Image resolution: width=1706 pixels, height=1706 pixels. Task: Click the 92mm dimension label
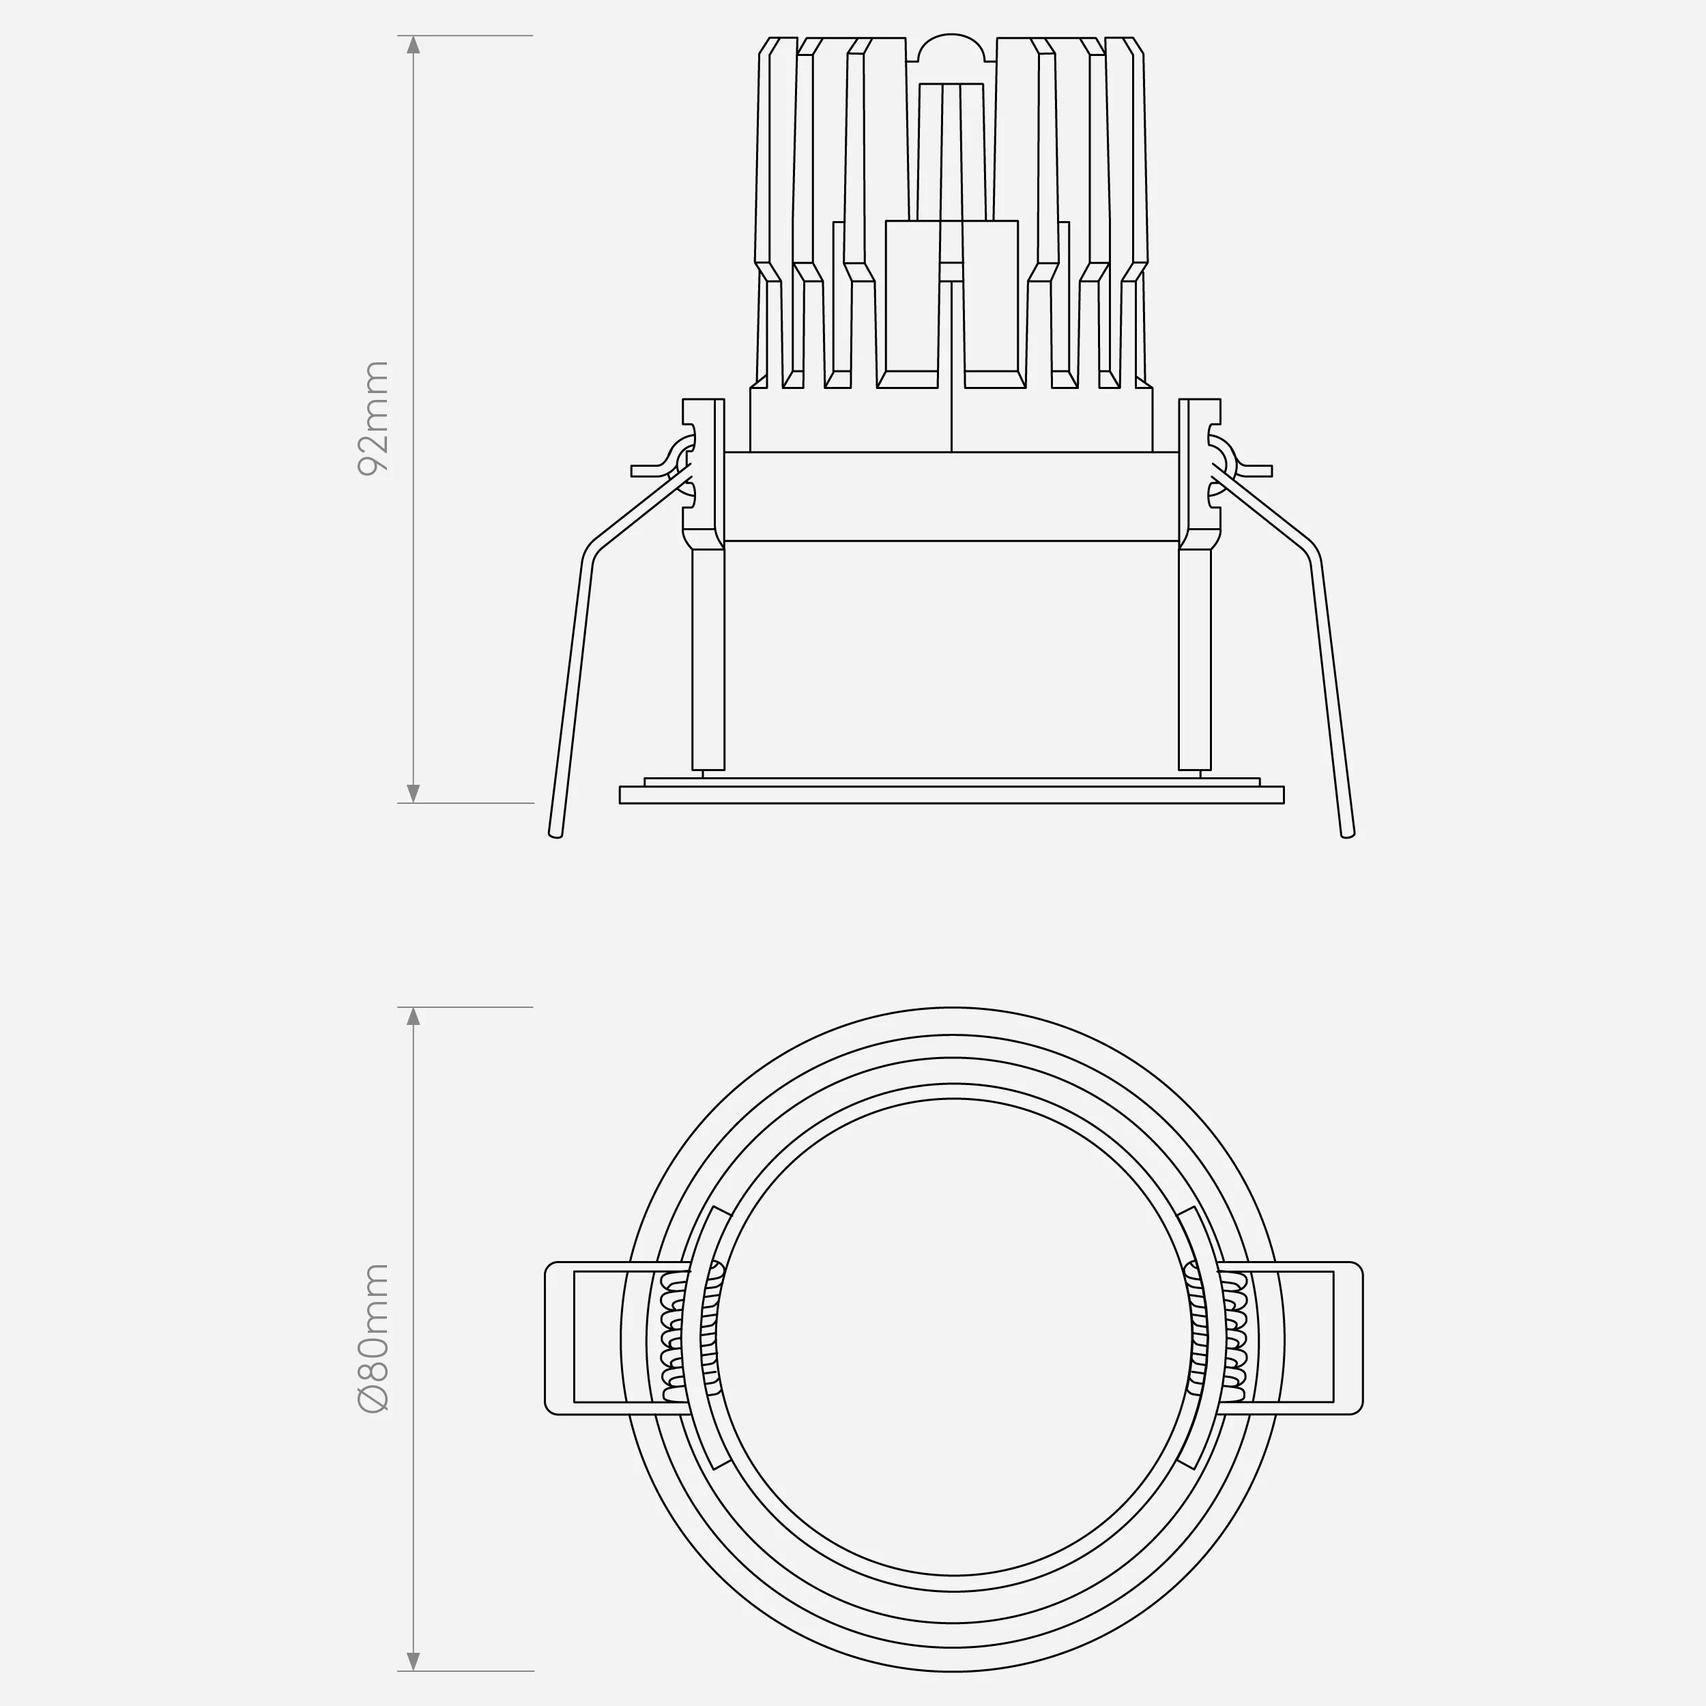point(372,418)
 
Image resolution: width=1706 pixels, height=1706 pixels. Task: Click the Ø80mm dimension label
point(373,1339)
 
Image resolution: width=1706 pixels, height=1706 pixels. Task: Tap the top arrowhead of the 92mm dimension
point(412,46)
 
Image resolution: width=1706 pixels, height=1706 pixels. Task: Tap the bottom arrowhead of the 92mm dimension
point(412,792)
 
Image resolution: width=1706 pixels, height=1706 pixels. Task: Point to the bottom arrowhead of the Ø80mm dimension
point(412,1661)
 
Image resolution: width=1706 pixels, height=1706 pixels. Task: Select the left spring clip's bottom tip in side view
point(555,833)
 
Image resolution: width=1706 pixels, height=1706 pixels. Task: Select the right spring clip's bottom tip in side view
point(1348,833)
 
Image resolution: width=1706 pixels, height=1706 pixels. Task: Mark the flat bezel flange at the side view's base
point(951,795)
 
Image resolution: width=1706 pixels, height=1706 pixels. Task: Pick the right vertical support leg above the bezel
point(1195,658)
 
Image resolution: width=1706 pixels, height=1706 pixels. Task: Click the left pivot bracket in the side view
point(703,472)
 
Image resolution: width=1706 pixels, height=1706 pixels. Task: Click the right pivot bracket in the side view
point(1200,472)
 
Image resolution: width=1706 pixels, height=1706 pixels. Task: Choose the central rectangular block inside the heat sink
point(951,300)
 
